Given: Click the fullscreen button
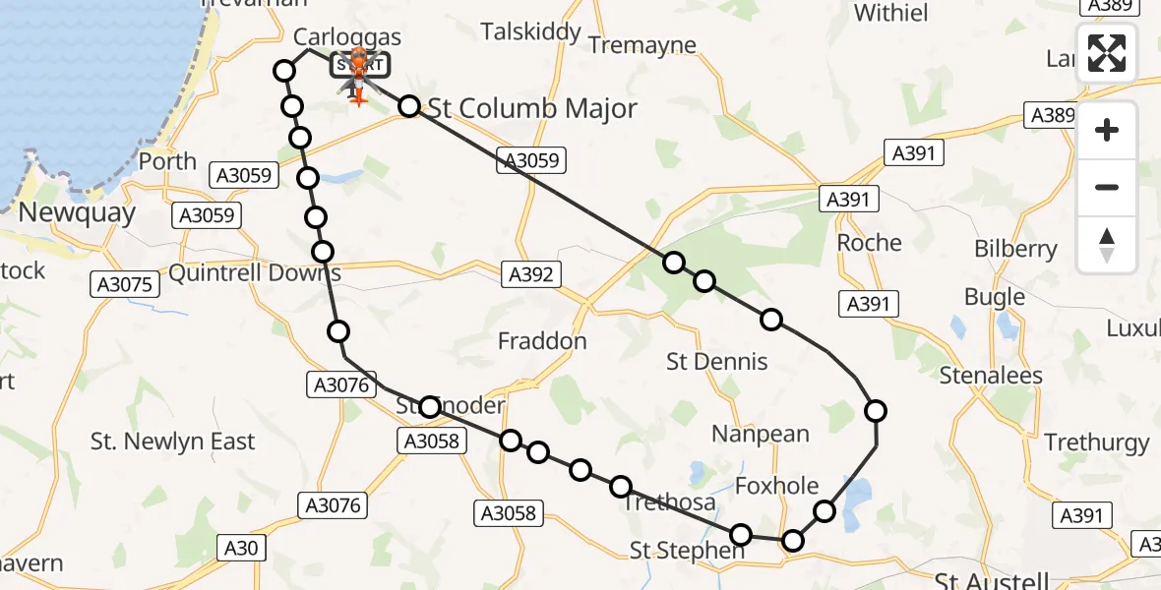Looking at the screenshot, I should tap(1107, 53).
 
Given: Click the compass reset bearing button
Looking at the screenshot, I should tap(1107, 245).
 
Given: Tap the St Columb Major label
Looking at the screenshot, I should tap(533, 109).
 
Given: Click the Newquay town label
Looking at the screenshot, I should tap(68, 211).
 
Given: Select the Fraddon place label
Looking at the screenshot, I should tap(542, 342).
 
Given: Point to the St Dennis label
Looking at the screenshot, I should tap(716, 362).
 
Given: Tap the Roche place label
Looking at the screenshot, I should tap(869, 243).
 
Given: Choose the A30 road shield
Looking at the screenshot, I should tap(237, 548).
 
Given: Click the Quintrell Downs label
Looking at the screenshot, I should tap(255, 272).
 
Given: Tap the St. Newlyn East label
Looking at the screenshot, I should tap(172, 442).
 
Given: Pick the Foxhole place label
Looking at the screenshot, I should tap(777, 486).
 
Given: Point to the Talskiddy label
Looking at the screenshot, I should tap(531, 32).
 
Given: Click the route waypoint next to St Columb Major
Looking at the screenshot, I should tap(409, 107).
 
